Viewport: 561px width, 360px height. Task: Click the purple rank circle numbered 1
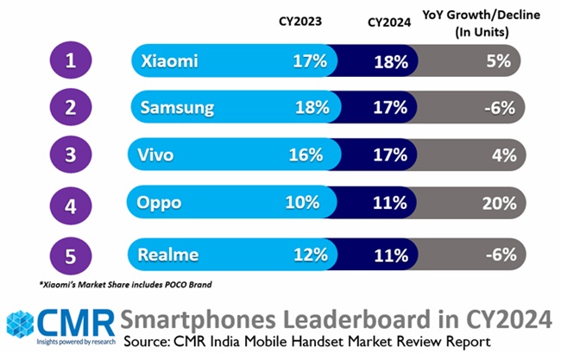pyautogui.click(x=72, y=61)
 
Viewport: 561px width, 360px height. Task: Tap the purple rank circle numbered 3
pyautogui.click(x=72, y=156)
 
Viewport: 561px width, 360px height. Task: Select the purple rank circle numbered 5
pyautogui.click(x=72, y=255)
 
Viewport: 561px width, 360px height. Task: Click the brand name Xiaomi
pyautogui.click(x=168, y=61)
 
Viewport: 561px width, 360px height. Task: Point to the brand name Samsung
pyautogui.click(x=176, y=108)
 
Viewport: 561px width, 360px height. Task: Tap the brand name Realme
pyautogui.click(x=167, y=255)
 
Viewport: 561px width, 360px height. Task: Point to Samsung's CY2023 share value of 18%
pyautogui.click(x=312, y=108)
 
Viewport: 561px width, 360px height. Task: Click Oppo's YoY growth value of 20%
pyautogui.click(x=498, y=205)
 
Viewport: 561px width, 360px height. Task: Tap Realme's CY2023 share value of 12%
pyautogui.click(x=311, y=255)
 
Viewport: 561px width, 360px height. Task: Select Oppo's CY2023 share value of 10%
pyautogui.click(x=311, y=205)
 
